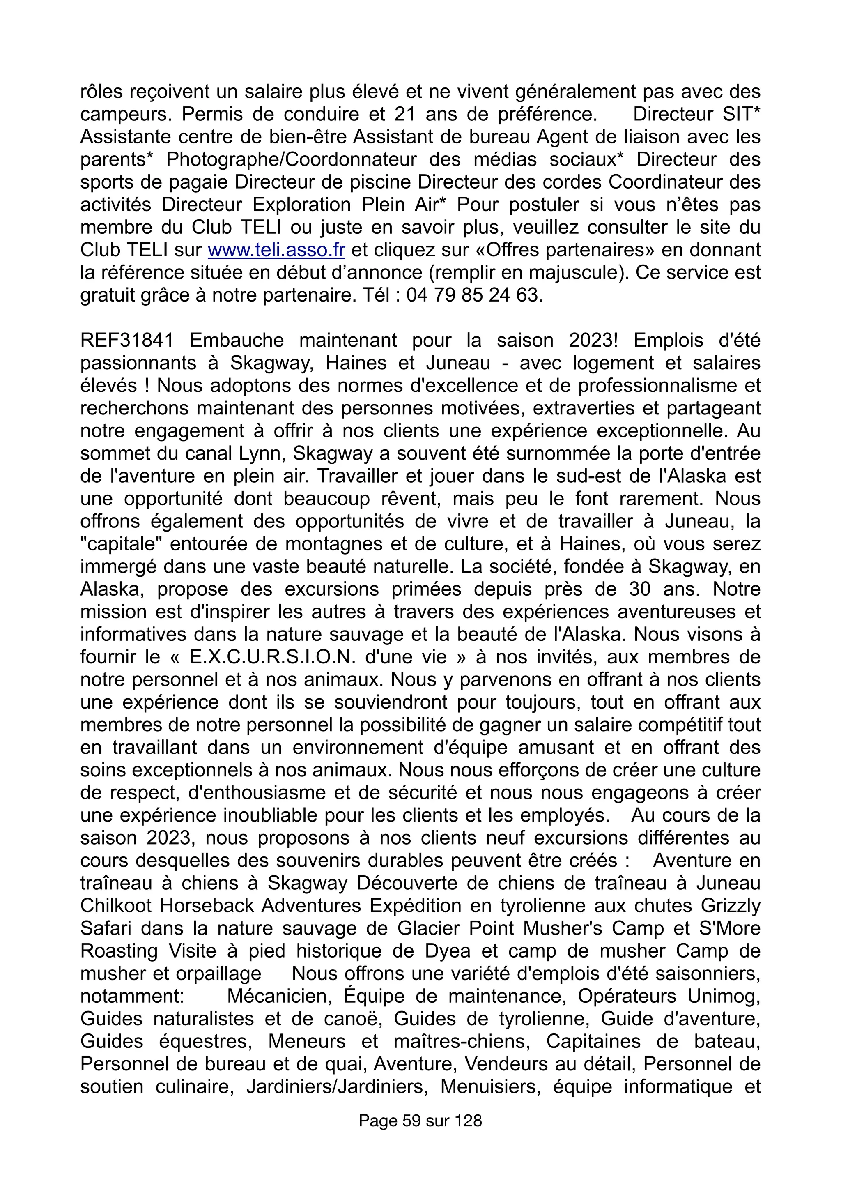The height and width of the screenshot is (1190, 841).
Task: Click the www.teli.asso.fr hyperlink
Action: click(x=276, y=250)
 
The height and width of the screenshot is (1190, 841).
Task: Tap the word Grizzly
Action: click(x=731, y=905)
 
